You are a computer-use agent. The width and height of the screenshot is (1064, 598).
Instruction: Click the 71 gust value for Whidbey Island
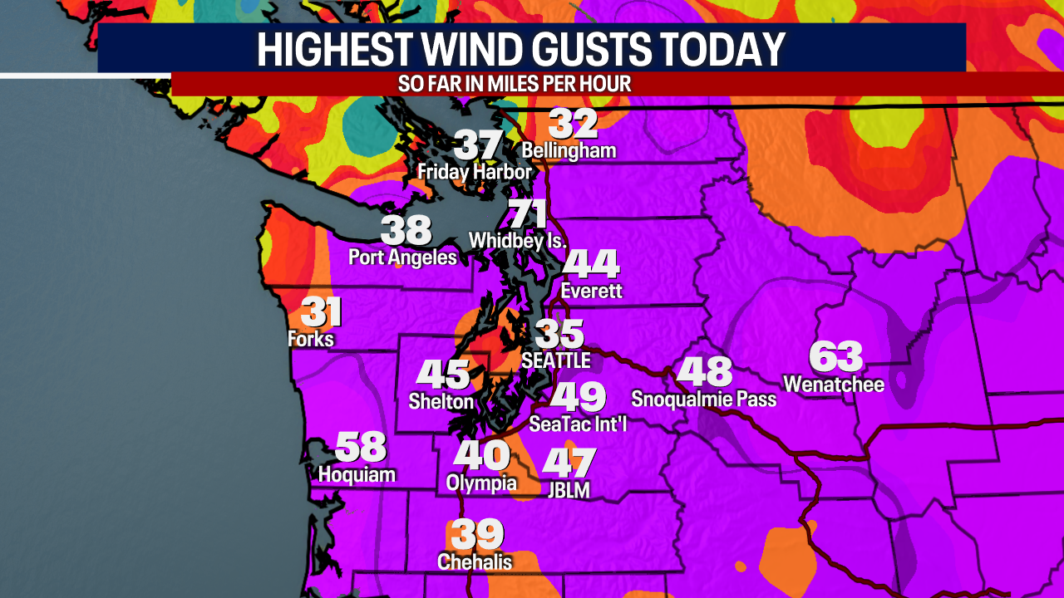click(528, 215)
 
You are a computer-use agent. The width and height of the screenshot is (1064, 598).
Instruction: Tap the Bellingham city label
click(569, 150)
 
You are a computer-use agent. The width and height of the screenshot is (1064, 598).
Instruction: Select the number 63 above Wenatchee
click(836, 357)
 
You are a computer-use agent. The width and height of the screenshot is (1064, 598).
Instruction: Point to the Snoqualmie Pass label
click(703, 399)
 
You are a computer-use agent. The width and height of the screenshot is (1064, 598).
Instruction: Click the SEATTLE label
click(555, 360)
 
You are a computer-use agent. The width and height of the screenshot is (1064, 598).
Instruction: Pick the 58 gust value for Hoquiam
click(361, 448)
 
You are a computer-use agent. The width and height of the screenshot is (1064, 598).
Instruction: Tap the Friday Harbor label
click(475, 172)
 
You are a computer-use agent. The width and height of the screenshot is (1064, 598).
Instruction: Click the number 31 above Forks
click(321, 313)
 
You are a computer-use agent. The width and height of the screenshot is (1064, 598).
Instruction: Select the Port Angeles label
click(402, 257)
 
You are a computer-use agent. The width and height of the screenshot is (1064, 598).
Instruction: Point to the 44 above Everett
click(592, 264)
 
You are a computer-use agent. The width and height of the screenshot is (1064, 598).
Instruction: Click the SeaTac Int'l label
click(579, 424)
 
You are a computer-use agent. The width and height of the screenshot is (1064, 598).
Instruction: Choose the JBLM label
click(569, 491)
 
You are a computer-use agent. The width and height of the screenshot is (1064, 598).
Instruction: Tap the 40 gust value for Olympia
click(481, 455)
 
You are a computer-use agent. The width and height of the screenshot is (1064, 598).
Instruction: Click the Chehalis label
click(475, 561)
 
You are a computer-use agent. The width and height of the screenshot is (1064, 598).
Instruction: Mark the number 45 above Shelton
click(443, 375)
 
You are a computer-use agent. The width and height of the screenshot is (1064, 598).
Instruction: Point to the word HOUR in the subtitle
click(608, 84)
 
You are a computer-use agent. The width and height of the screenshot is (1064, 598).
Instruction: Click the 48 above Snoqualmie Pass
click(704, 371)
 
